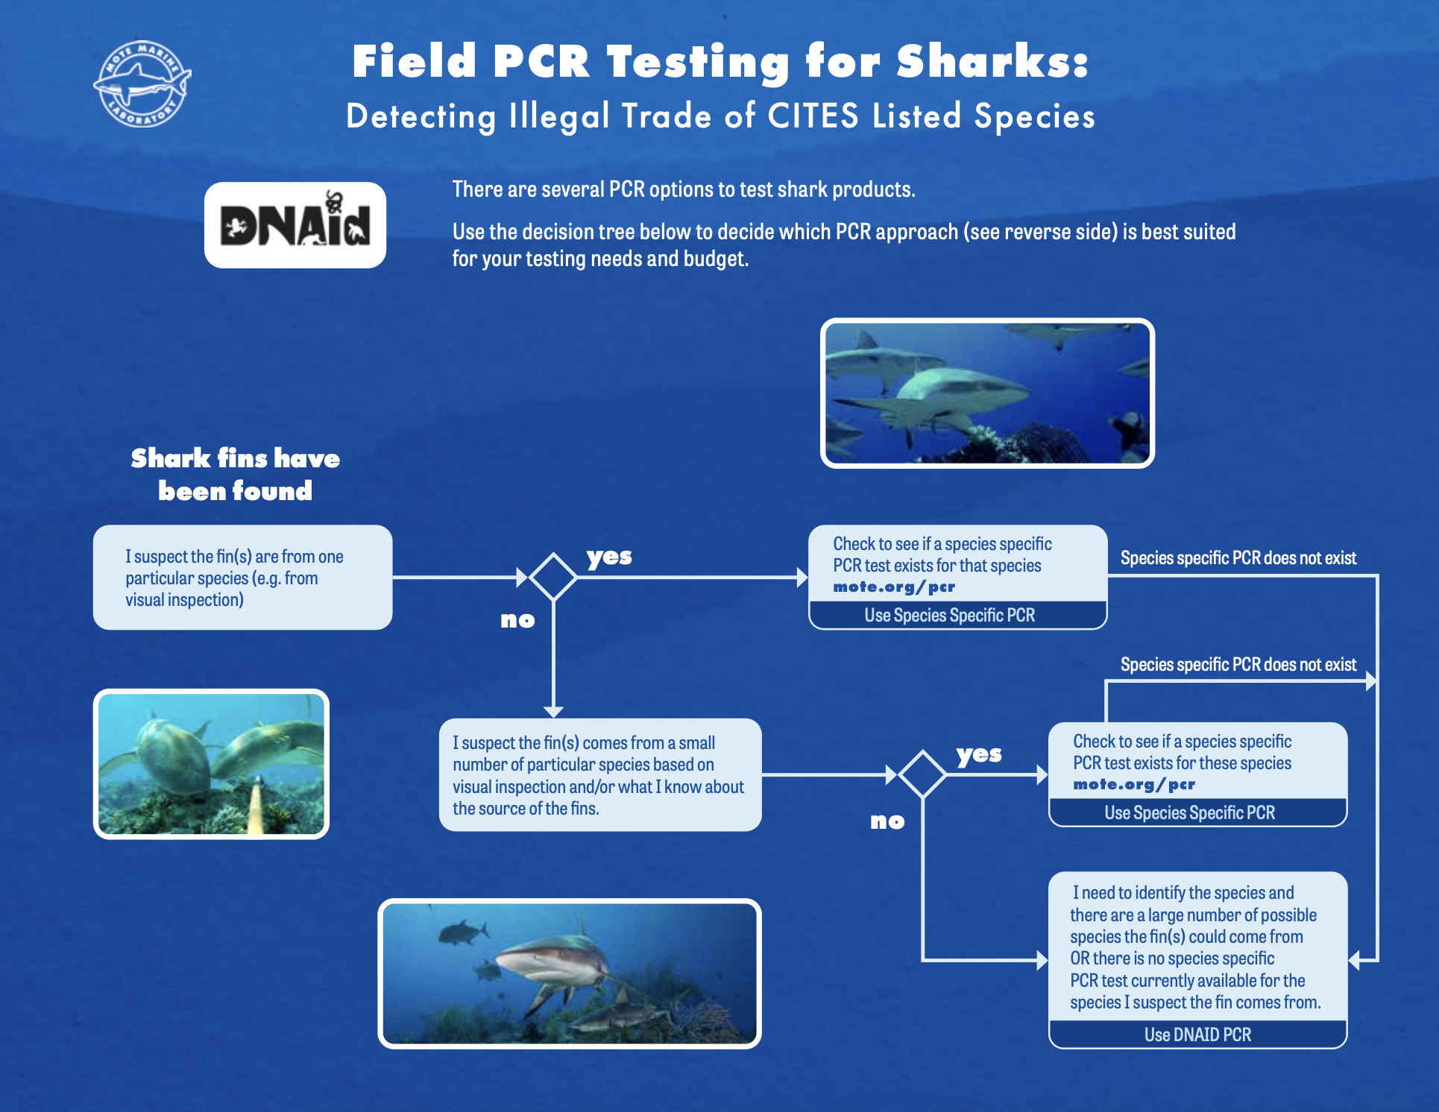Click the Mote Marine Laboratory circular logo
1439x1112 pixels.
point(142,83)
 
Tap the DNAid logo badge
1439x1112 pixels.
point(295,225)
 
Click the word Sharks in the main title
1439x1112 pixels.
point(992,61)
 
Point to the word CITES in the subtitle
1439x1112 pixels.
point(813,117)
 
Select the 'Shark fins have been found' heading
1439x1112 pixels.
point(236,474)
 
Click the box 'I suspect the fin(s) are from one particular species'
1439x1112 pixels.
point(242,578)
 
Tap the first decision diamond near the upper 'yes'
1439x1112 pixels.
point(553,576)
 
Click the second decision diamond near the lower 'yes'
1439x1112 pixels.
point(922,774)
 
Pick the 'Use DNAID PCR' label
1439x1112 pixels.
point(1197,1034)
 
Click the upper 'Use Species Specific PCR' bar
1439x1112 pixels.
point(950,616)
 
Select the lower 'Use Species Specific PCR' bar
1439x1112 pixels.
point(1190,813)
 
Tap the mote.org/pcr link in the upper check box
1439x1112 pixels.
point(894,587)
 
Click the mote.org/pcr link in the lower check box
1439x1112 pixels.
point(1134,785)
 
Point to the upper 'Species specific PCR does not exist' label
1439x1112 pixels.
point(1238,558)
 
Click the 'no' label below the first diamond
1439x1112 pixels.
point(517,620)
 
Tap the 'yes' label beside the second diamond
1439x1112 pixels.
point(979,754)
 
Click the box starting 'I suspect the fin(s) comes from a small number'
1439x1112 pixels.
point(600,775)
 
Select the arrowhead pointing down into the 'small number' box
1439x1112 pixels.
point(553,711)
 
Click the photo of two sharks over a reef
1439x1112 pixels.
point(211,764)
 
